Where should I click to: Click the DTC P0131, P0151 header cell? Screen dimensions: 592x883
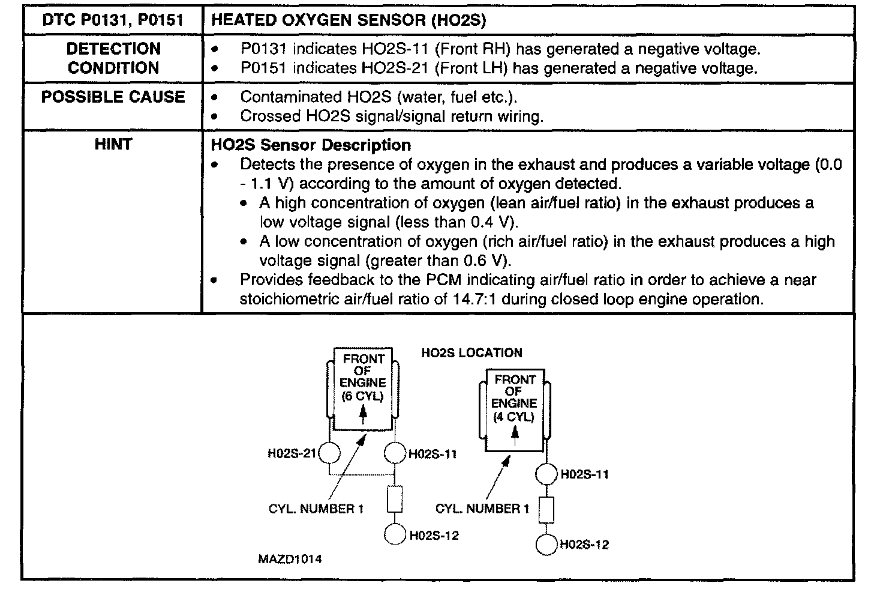pos(113,20)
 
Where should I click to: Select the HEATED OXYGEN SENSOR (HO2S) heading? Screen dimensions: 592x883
pos(349,20)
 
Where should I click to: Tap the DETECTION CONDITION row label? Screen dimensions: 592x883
pos(113,58)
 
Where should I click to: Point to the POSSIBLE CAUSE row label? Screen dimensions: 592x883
pos(113,97)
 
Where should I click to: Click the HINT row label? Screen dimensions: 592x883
pos(113,144)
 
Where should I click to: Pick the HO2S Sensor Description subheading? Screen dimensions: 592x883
pos(311,145)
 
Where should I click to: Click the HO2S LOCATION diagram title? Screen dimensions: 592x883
pos(471,353)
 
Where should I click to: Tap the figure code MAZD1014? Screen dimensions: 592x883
pos(290,559)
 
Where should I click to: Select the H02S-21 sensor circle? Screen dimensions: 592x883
pos(329,453)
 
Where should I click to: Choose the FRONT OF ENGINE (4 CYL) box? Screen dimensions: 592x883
pos(514,409)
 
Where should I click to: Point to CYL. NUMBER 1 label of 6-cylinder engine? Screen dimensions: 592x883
pos(316,509)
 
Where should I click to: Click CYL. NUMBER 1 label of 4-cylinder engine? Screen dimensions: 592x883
pos(482,509)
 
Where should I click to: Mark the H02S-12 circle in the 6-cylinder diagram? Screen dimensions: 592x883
pos(395,534)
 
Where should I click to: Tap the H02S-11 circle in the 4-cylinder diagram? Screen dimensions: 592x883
pos(546,474)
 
